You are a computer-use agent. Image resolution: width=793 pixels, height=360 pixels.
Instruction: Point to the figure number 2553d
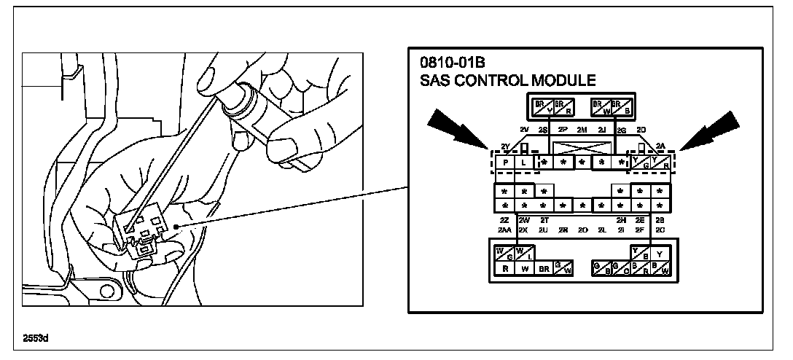click(x=36, y=338)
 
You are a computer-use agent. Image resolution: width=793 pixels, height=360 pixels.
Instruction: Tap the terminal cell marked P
click(x=505, y=163)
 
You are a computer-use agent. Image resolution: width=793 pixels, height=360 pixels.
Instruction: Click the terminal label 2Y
click(x=504, y=146)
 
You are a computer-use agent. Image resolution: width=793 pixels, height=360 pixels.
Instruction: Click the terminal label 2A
click(x=660, y=145)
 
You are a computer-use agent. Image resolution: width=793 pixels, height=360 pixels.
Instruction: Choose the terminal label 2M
click(x=582, y=130)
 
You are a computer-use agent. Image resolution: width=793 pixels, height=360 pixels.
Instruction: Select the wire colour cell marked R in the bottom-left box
click(x=504, y=268)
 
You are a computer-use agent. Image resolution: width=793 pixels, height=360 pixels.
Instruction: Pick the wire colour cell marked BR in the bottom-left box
click(x=543, y=268)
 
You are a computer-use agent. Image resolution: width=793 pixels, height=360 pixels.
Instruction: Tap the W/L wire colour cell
click(x=523, y=254)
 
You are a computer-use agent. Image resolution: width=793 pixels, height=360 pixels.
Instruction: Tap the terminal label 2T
click(x=544, y=220)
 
